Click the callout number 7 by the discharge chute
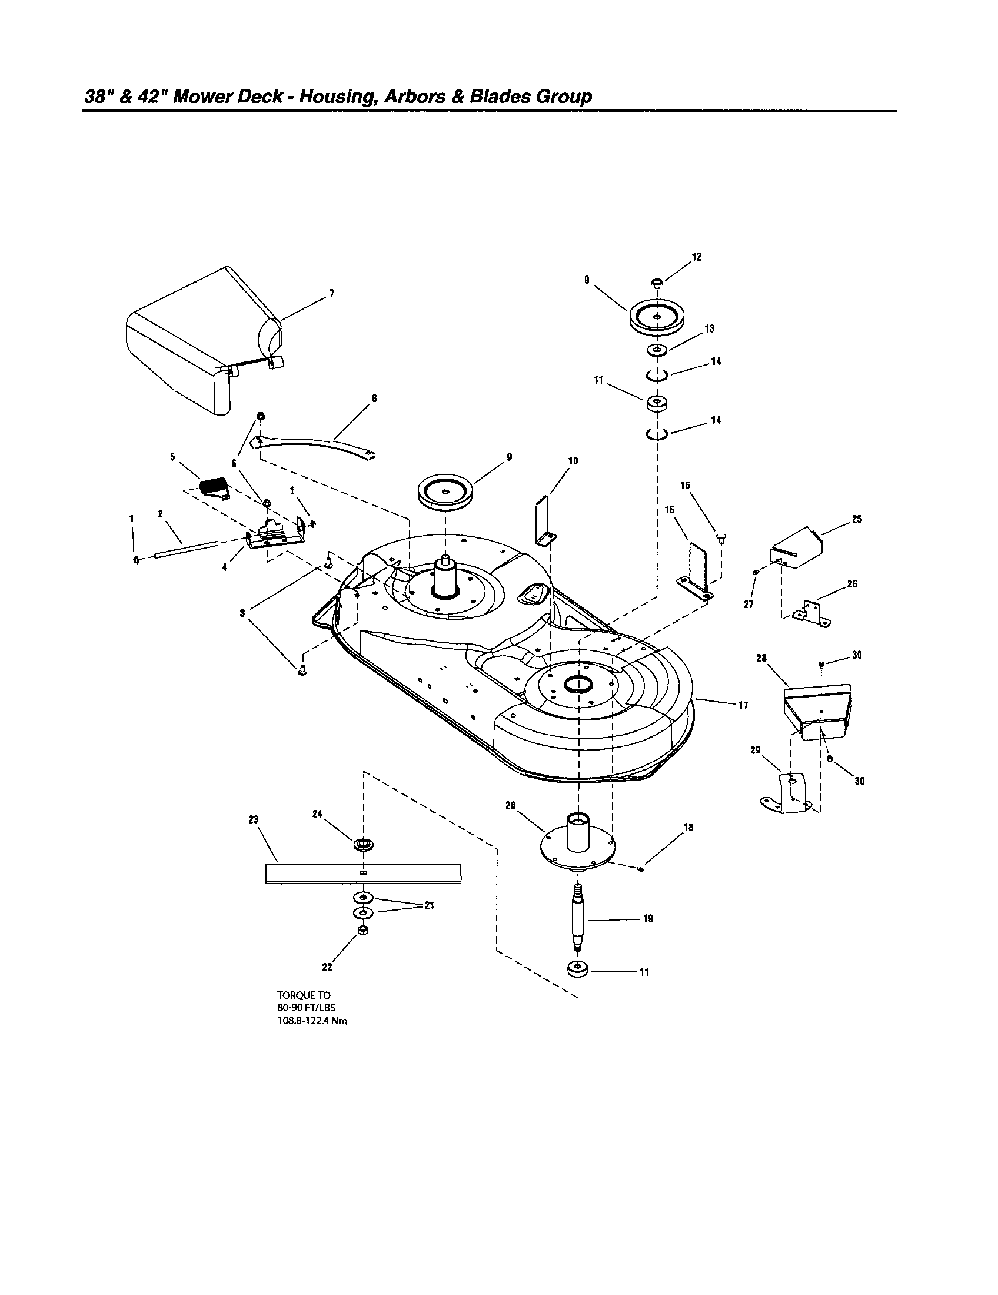pos(332,293)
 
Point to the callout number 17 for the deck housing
pos(743,705)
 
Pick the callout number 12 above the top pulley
pos(696,257)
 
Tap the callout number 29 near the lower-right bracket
pos(755,750)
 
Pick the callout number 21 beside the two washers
pos(428,905)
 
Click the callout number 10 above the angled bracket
pos(573,461)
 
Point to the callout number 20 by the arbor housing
pos(510,805)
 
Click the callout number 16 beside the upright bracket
pos(670,510)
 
